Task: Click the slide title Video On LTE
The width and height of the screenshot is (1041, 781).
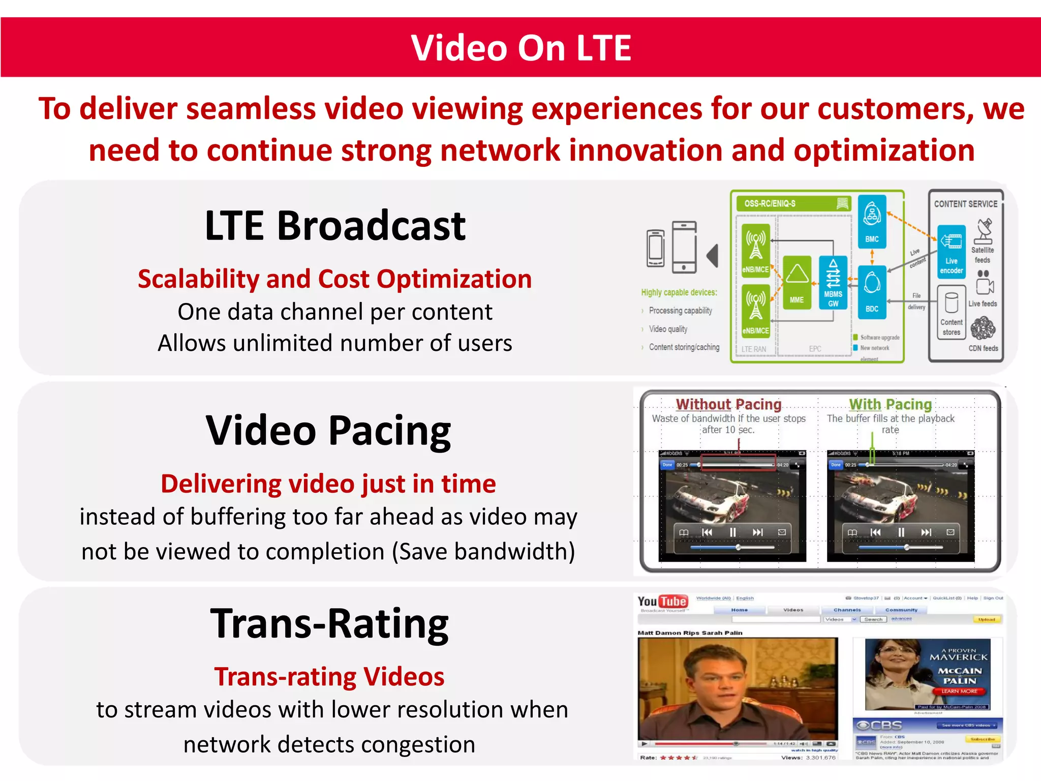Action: tap(520, 48)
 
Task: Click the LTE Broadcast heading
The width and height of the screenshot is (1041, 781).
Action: tap(335, 226)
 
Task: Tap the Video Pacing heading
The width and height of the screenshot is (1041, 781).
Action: tap(328, 430)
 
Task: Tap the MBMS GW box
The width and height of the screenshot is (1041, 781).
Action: tap(833, 283)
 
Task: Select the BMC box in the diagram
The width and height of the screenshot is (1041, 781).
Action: tap(872, 222)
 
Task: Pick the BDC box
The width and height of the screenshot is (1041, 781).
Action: tap(872, 292)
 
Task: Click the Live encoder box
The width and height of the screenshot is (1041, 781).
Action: tap(951, 252)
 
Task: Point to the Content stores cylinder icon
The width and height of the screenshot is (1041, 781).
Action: tap(951, 304)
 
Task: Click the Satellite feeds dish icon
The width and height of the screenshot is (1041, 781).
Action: tap(984, 232)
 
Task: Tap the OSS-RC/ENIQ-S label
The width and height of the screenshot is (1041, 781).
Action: tap(770, 203)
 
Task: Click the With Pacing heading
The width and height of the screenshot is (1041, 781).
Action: tap(890, 404)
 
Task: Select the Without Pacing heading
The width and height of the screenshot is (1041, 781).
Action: tap(728, 404)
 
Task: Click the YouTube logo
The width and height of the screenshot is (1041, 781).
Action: tap(662, 602)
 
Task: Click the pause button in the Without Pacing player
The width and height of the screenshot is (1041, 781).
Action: tap(732, 532)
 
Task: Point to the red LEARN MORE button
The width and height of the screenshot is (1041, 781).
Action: tap(959, 691)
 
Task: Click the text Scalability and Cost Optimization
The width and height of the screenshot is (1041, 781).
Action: tap(334, 279)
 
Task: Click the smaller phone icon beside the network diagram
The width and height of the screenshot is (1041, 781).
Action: tap(655, 249)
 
